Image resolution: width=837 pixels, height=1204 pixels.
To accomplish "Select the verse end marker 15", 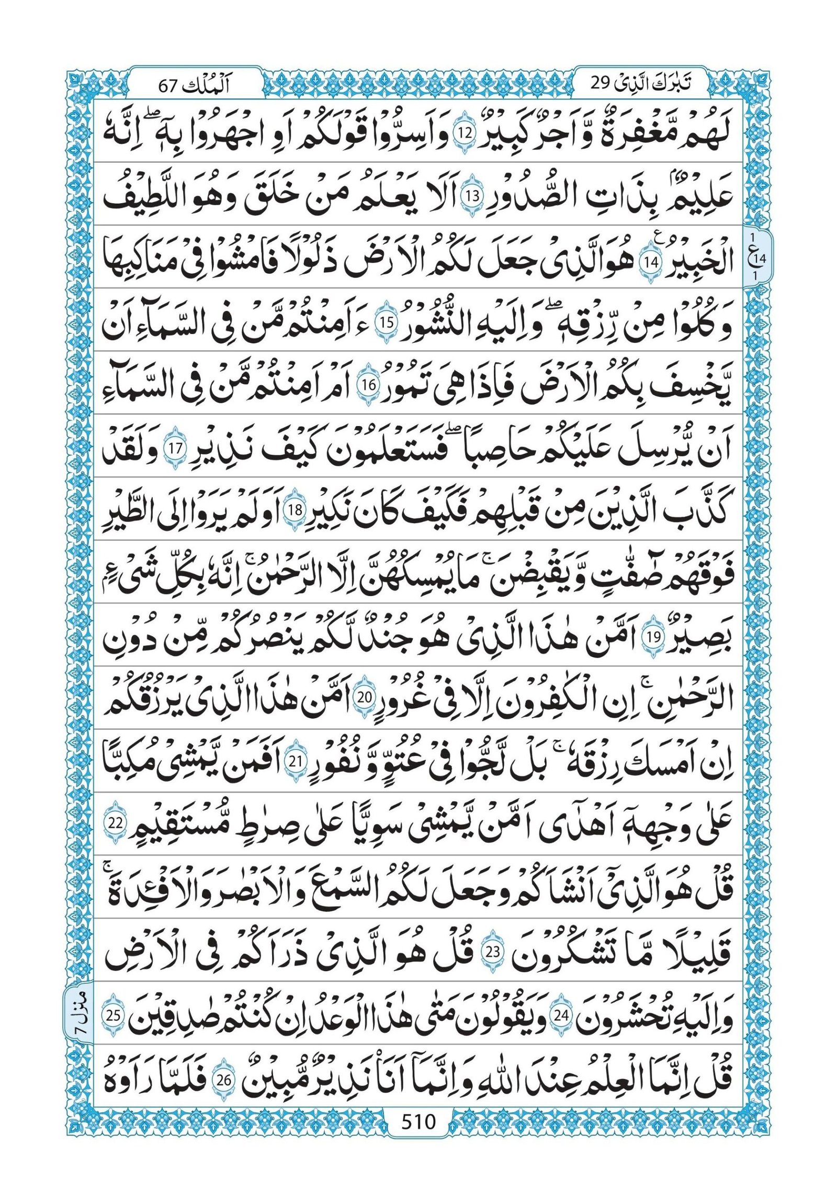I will click(386, 323).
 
